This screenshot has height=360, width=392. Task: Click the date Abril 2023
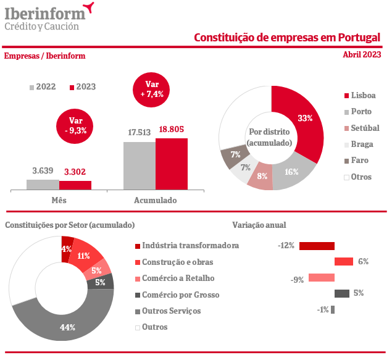(362, 54)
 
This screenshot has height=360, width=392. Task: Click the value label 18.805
(171, 130)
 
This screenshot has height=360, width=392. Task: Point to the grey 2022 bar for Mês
(43, 184)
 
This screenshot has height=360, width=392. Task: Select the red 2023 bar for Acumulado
(171, 164)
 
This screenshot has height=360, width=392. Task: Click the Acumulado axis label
(155, 201)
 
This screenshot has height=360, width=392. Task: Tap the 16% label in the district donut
(291, 172)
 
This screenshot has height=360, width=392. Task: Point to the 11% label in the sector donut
(84, 256)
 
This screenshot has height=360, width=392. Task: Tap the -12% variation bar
(317, 246)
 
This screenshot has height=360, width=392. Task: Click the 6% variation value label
(363, 261)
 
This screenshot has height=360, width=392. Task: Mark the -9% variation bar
(321, 277)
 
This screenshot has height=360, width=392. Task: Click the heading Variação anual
(259, 225)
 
